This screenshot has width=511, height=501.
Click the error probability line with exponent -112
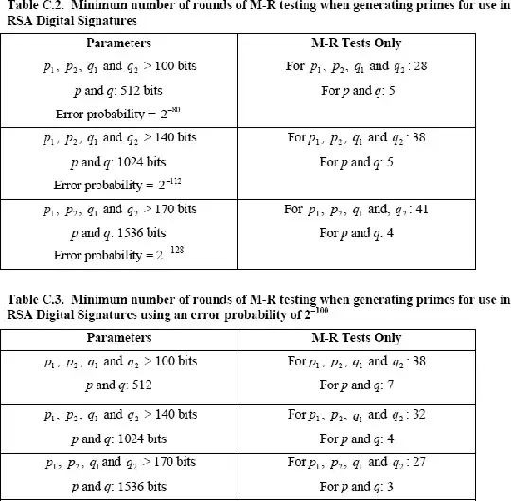118,183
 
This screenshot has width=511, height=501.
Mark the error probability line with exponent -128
118,254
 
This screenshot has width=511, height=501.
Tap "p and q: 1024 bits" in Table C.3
118,438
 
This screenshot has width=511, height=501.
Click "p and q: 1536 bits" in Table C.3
118,485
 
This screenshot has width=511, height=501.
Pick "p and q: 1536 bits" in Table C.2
118,232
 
